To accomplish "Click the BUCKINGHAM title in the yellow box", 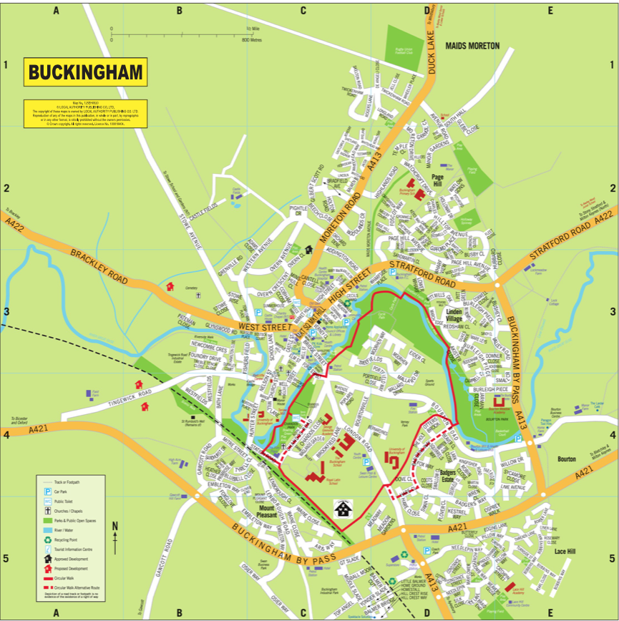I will (x=86, y=73).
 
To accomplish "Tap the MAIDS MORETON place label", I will (x=472, y=46).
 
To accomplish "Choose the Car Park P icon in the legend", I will (x=48, y=493).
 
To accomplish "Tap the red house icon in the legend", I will (x=48, y=567).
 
